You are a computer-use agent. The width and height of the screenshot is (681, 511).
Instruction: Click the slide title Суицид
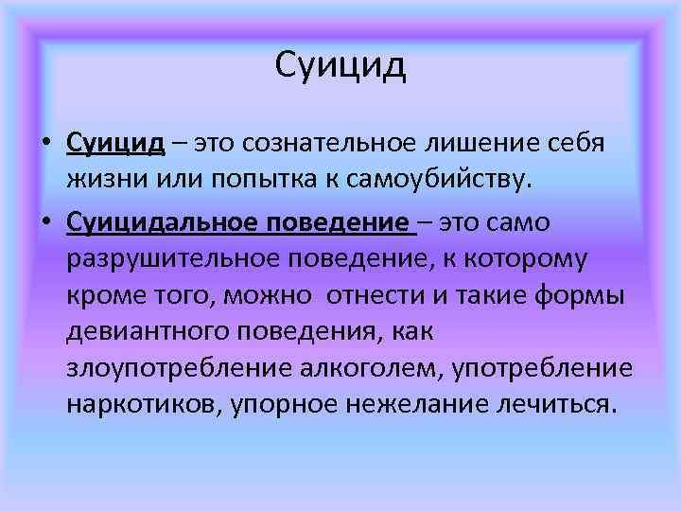click(340, 66)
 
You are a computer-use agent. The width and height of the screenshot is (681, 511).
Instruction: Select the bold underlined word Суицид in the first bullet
click(115, 142)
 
